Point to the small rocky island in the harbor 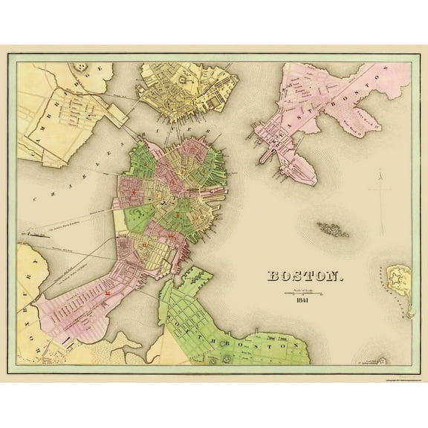point(335,229)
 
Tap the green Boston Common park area point(138,220)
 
